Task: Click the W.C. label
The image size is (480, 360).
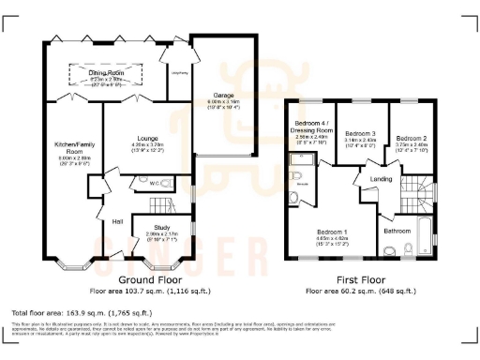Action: [x=142, y=184]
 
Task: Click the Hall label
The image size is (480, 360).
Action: [x=118, y=221]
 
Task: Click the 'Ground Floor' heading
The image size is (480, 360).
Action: [x=149, y=279]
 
